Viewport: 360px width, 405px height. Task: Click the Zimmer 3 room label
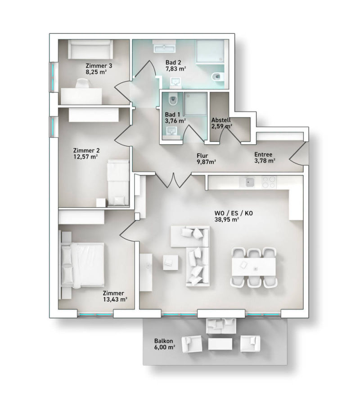pyautogui.click(x=99, y=66)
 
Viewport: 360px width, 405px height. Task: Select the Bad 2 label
pyautogui.click(x=173, y=62)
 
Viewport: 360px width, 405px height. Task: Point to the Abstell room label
pyautogui.click(x=221, y=120)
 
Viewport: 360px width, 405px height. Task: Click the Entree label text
pyautogui.click(x=263, y=155)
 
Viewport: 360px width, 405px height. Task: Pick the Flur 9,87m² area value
pyautogui.click(x=207, y=162)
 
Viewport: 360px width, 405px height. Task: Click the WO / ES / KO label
pyautogui.click(x=234, y=214)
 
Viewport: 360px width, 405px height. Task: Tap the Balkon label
pyautogui.click(x=163, y=341)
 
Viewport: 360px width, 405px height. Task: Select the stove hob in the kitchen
pyautogui.click(x=269, y=182)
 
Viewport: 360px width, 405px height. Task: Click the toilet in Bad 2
pyautogui.click(x=217, y=77)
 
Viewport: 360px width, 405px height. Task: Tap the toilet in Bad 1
pyautogui.click(x=172, y=99)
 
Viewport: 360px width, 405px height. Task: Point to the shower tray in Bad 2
pyautogui.click(x=210, y=51)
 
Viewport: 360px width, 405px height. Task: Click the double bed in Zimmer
pyautogui.click(x=83, y=265)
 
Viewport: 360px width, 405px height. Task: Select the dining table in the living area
pyautogui.click(x=254, y=267)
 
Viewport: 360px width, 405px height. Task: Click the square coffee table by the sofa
pyautogui.click(x=171, y=263)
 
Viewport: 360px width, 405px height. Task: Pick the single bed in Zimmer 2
pyautogui.click(x=118, y=183)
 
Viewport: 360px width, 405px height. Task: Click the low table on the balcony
pyautogui.click(x=220, y=344)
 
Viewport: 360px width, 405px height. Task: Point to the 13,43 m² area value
pyautogui.click(x=115, y=299)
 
